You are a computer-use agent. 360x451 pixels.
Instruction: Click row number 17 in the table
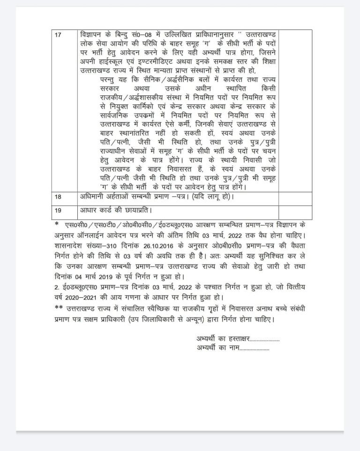[58, 35]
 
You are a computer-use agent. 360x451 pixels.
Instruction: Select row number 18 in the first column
[58, 197]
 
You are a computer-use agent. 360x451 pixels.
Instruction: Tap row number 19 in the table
[58, 209]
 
